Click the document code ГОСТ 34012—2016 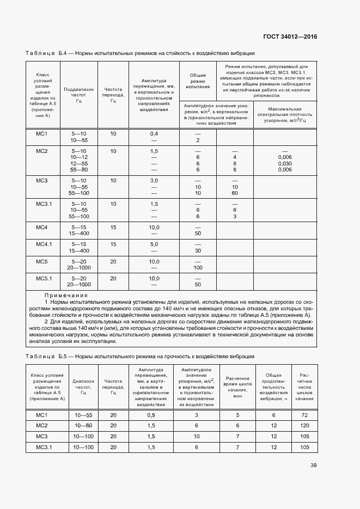pos(290,36)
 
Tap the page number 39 pos(313,465)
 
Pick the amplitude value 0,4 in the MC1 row pos(154,133)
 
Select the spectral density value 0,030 pos(285,163)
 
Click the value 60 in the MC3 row pos(235,193)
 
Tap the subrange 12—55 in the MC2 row pos(79,163)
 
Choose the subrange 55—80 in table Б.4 pos(79,170)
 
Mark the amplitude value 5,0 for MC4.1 pos(154,244)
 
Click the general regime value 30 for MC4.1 pos(198,251)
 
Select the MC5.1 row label pos(44,278)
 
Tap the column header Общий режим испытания pos(198,81)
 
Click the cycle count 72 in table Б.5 pos(304,415)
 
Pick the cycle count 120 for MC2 pos(304,425)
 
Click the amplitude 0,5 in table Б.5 pos(151,415)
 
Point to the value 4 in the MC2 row pos(235,157)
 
